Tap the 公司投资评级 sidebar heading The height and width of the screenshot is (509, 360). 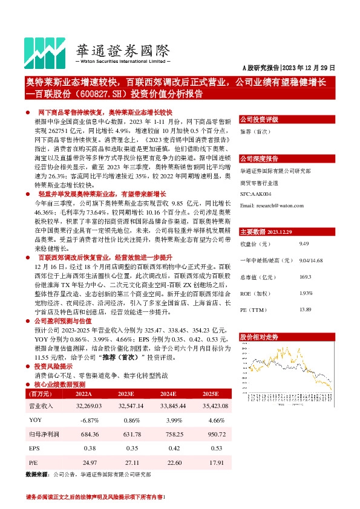click(x=259, y=119)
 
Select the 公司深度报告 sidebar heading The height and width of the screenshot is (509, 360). click(x=259, y=158)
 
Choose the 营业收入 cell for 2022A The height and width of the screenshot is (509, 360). click(x=88, y=407)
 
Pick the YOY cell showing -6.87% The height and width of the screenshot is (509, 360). click(x=90, y=420)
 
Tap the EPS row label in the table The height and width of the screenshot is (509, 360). click(x=34, y=449)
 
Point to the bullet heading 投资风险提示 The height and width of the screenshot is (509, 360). click(x=54, y=366)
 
